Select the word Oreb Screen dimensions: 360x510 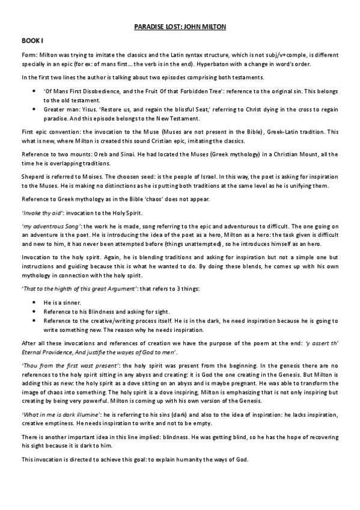tap(103, 155)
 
